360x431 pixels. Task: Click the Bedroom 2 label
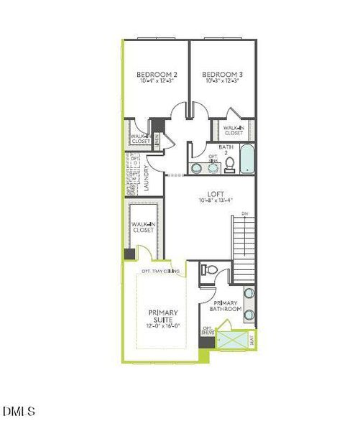click(157, 74)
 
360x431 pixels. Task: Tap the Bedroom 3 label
click(221, 74)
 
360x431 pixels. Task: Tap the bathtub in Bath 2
click(246, 159)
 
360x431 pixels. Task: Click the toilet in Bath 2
click(229, 165)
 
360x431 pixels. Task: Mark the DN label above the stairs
click(244, 213)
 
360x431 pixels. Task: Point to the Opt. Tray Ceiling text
click(160, 271)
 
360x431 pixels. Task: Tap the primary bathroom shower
click(231, 339)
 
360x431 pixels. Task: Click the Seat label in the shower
click(251, 340)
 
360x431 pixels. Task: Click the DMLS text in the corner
click(19, 412)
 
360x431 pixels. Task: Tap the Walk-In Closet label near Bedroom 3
click(233, 130)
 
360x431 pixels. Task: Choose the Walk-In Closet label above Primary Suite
click(142, 228)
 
